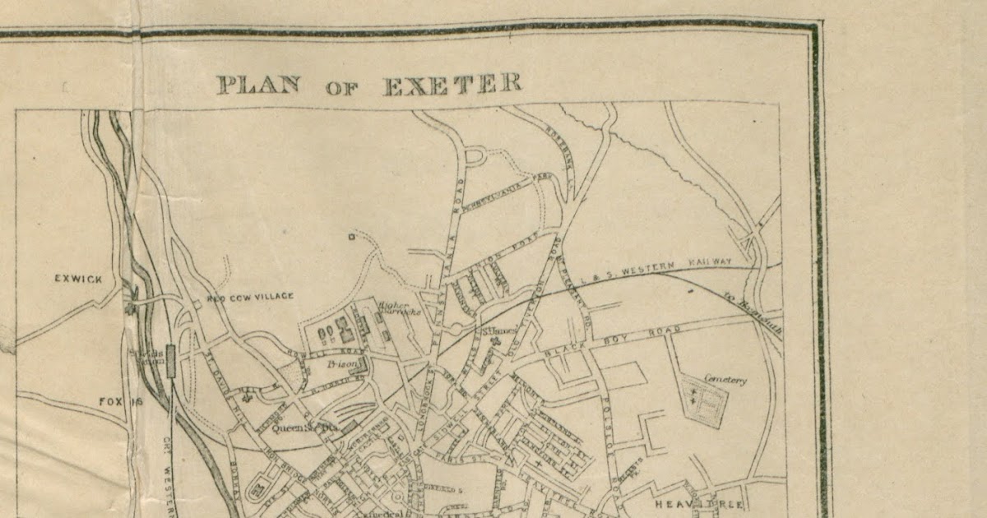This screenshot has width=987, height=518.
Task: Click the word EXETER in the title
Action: click(452, 83)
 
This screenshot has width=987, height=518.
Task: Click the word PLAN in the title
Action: click(256, 84)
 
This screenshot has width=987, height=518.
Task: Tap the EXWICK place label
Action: click(79, 278)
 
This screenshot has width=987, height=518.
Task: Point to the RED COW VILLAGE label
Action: click(250, 296)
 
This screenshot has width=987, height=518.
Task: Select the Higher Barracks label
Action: click(399, 309)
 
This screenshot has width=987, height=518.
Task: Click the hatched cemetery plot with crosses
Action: click(706, 402)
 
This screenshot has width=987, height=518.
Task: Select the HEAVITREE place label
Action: click(699, 502)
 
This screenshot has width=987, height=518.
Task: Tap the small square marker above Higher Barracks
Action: click(351, 238)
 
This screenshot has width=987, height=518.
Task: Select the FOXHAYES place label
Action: click(122, 402)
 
